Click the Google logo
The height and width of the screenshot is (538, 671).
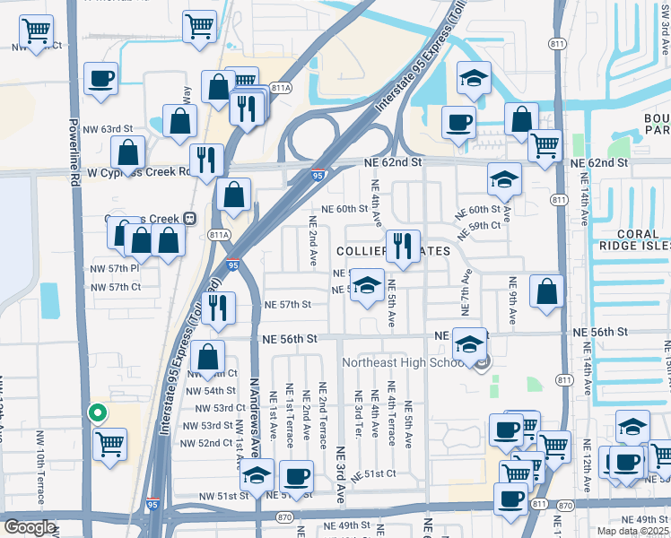tap(29, 527)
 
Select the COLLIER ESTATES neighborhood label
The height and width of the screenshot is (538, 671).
tap(393, 251)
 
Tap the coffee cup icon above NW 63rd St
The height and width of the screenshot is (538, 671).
tap(101, 78)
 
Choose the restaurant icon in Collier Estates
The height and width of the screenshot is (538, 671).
tap(404, 246)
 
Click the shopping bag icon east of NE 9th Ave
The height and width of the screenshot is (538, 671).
tap(546, 291)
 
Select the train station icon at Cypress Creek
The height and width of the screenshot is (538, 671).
tap(189, 218)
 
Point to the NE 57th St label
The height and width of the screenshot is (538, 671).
tap(287, 305)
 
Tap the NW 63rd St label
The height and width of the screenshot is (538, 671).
tap(110, 129)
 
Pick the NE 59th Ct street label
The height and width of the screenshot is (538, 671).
tap(478, 226)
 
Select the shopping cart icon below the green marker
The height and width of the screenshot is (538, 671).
tap(110, 443)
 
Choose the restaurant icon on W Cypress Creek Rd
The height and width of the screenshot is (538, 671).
tap(206, 161)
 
